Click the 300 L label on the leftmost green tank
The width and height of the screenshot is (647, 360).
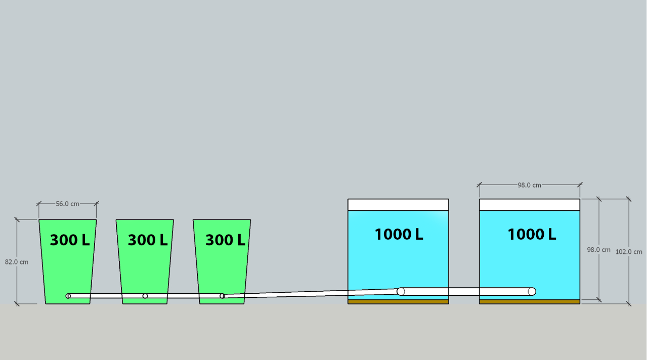coord(70,240)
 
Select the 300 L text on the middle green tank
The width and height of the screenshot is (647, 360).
coord(148,240)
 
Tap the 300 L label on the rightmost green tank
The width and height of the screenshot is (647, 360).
coord(225,240)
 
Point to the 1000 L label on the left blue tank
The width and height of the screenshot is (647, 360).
coord(399,234)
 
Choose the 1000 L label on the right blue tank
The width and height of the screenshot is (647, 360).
coord(532,234)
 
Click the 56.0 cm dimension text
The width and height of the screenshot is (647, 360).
coord(67,204)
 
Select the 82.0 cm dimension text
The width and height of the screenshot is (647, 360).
coord(17,262)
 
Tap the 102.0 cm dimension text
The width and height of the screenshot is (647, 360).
coord(629,252)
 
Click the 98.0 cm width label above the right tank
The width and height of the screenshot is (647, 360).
coord(529,185)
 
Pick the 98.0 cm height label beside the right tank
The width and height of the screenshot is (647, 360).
coord(598,250)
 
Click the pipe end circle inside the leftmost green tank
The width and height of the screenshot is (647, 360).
coord(68,296)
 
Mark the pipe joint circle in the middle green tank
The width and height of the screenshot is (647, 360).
coord(145,296)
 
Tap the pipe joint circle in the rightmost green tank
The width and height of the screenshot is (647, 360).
coord(222,296)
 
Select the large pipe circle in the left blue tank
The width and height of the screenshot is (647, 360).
coord(401,291)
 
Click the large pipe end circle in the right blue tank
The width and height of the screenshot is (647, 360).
coord(532,291)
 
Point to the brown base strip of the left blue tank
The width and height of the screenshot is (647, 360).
coord(398,301)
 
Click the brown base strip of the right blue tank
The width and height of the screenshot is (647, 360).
coord(529,301)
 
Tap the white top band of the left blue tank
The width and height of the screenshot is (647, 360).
coord(398,205)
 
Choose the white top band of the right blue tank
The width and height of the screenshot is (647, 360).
coord(529,205)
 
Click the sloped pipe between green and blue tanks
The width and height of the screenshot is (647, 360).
coord(311,293)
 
